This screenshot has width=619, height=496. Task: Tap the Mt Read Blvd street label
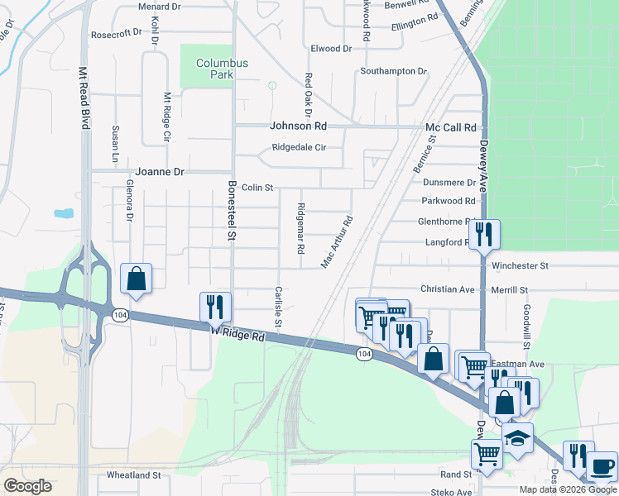(84, 97)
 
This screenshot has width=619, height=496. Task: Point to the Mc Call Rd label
(451, 127)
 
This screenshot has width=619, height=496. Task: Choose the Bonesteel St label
(233, 212)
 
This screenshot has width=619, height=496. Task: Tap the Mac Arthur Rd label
(338, 242)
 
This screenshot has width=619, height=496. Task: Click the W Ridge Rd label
(237, 333)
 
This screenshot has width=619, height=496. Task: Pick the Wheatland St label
(134, 475)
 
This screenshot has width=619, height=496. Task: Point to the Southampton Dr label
(393, 71)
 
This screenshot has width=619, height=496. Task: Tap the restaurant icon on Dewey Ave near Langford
(485, 234)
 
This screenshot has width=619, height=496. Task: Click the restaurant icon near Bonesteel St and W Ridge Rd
(214, 307)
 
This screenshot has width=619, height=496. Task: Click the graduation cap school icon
(518, 437)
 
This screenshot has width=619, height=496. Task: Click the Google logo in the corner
(28, 486)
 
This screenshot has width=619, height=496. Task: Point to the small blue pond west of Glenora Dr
(64, 213)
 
